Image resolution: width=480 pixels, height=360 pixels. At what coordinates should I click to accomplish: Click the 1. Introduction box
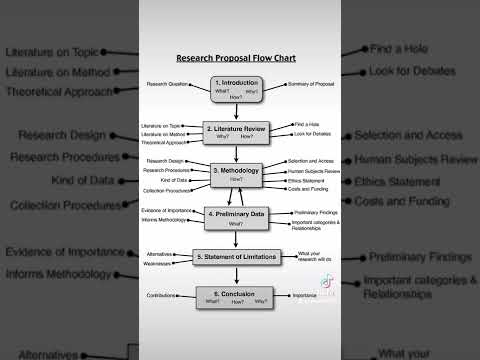236,87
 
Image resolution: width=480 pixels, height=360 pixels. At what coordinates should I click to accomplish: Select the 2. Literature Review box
237,131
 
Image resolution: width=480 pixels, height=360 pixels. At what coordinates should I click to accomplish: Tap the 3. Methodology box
237,173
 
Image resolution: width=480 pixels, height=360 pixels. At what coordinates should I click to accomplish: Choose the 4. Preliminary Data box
237,216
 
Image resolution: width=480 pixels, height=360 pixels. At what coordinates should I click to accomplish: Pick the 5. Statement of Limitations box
237,257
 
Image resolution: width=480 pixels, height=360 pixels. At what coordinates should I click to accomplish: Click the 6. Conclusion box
237,297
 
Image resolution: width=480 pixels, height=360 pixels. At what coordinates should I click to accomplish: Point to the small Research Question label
166,83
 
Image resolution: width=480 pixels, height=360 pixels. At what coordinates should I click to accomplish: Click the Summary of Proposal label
310,83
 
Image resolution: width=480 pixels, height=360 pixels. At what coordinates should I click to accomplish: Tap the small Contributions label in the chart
162,297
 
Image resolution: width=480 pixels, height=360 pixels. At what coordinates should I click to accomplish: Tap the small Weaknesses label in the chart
161,266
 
